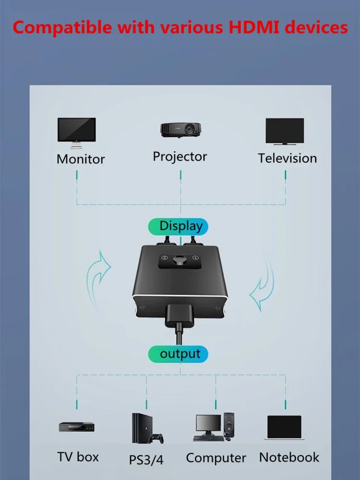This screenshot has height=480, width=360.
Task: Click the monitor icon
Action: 76,131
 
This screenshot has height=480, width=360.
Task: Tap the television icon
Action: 285,131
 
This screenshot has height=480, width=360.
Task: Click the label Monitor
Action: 81,159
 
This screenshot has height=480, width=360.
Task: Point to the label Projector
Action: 180,156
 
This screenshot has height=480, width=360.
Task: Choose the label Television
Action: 287,158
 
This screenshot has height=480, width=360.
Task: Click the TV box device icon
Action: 77,427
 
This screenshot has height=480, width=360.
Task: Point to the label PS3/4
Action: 146,459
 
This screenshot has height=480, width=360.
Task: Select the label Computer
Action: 216,458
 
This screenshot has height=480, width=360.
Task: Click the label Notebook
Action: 289,457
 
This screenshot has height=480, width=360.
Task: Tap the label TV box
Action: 78,456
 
